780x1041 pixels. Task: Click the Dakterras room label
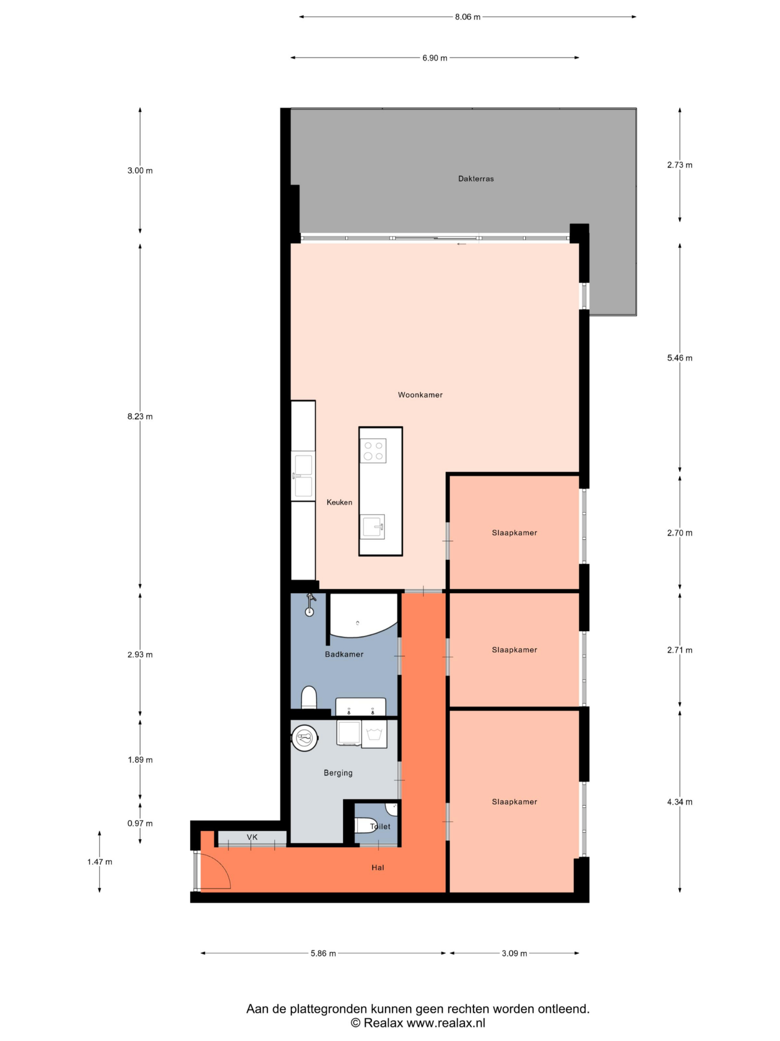(476, 179)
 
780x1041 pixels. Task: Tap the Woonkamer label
(420, 395)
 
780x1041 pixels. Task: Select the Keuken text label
(339, 502)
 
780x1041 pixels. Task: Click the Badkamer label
(344, 654)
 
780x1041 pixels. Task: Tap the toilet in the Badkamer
(309, 697)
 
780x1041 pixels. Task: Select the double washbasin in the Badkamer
(361, 707)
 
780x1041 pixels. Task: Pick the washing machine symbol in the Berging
(374, 734)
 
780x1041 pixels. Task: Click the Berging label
(338, 773)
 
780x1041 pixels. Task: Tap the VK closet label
(252, 837)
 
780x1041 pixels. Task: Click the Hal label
(377, 867)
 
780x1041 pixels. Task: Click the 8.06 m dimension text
(468, 17)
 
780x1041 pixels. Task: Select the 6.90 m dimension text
(435, 58)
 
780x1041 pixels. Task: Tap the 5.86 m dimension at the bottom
(323, 953)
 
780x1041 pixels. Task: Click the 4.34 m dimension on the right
(679, 802)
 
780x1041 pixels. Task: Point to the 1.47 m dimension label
(100, 862)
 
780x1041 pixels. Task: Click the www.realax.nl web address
(446, 1023)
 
